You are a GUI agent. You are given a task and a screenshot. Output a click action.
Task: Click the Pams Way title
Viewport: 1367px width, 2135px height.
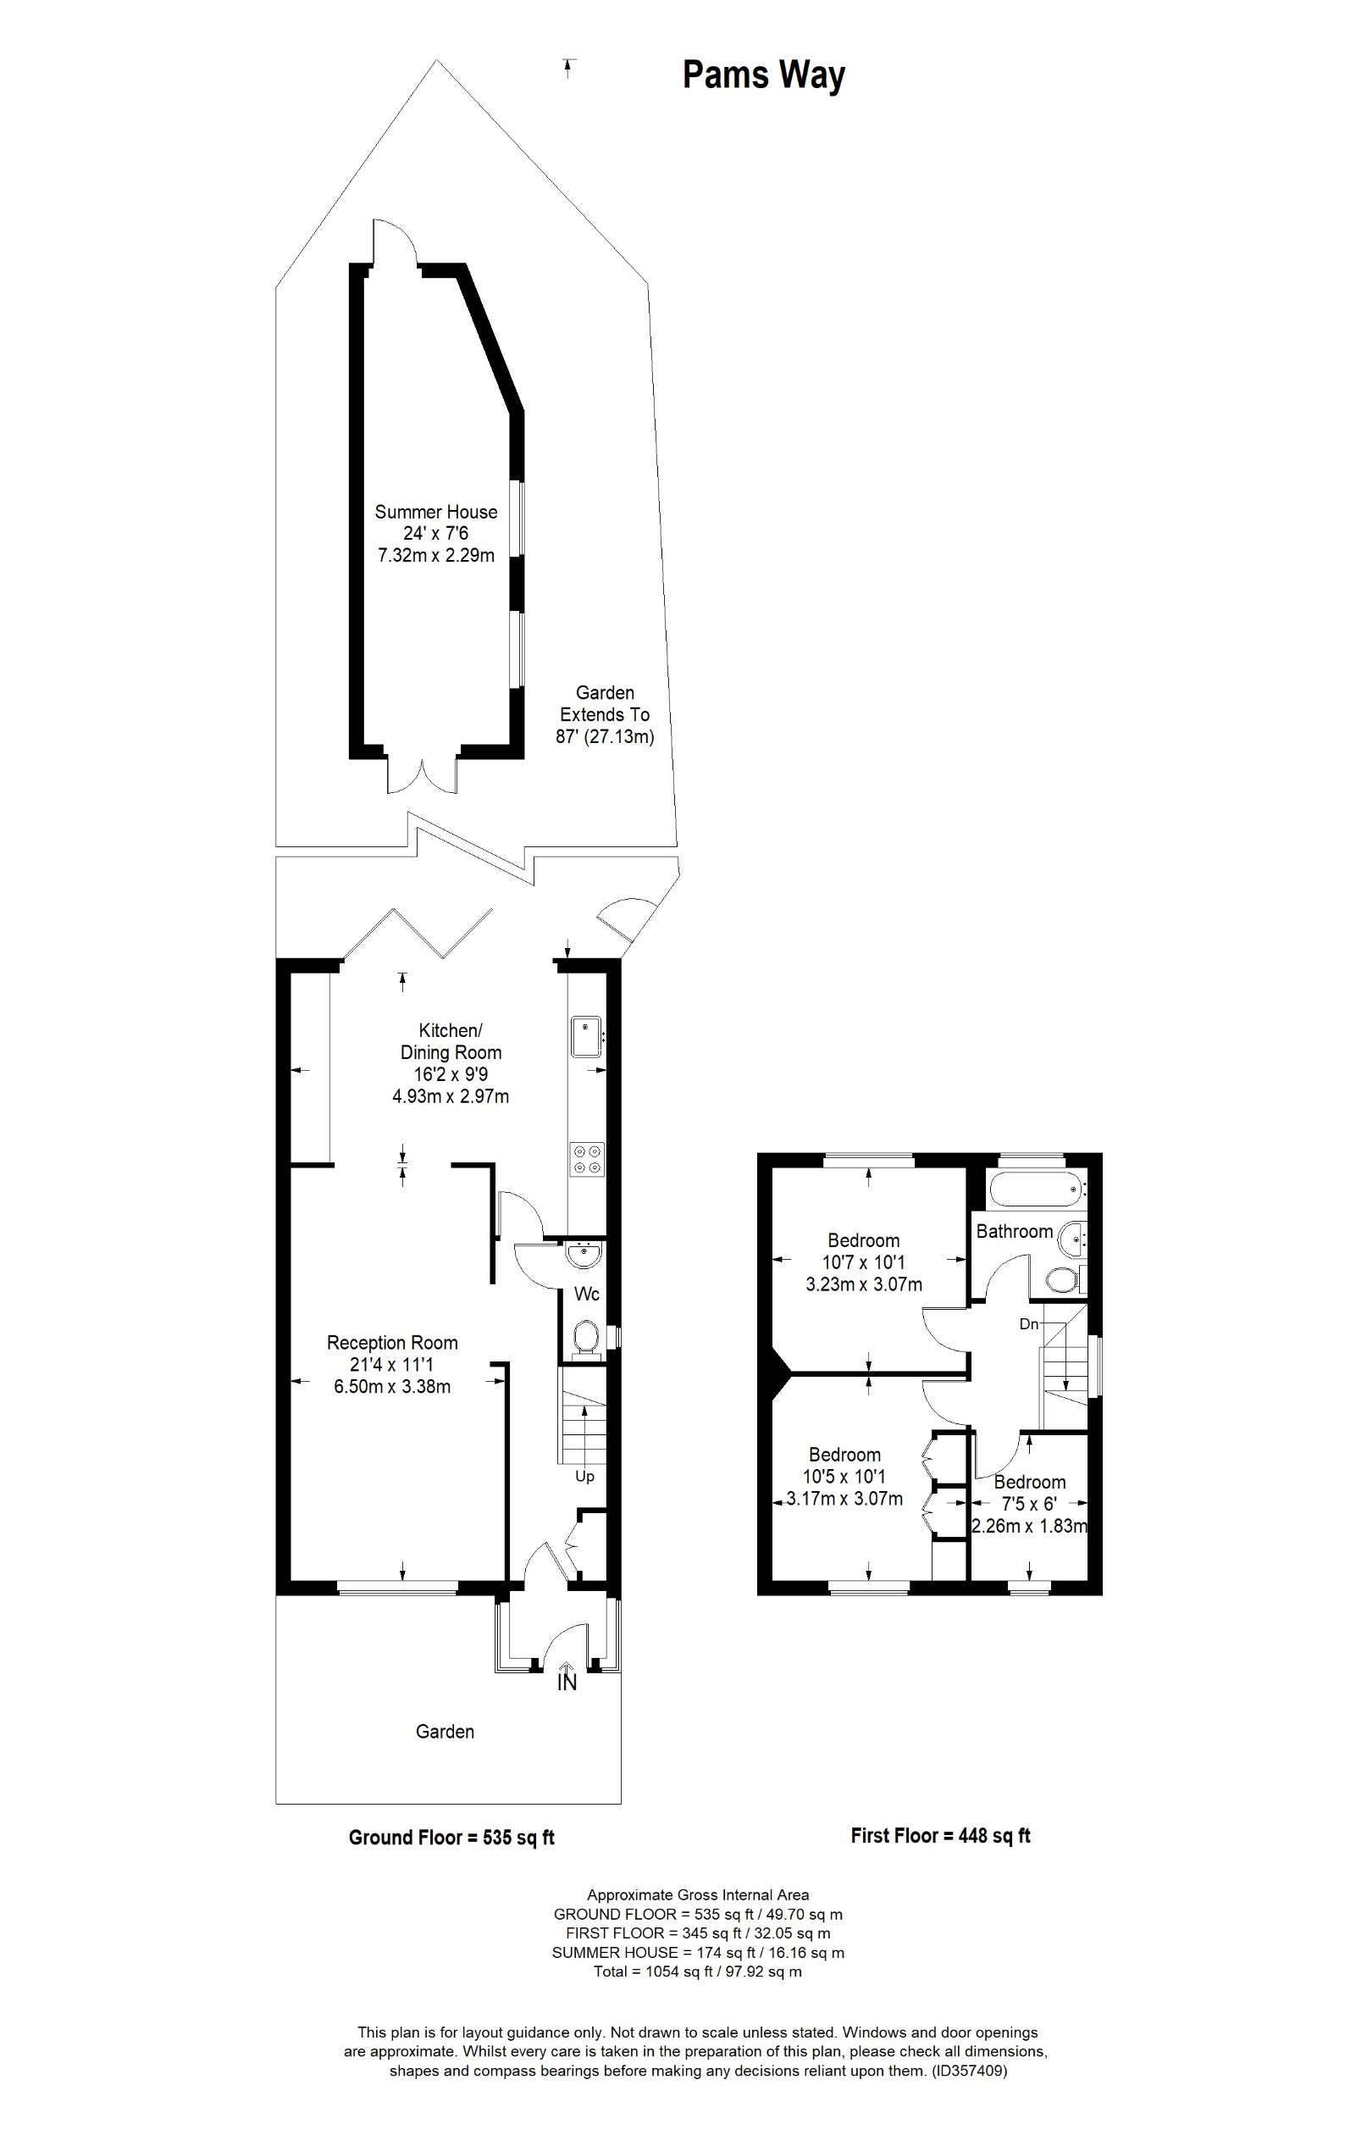click(763, 75)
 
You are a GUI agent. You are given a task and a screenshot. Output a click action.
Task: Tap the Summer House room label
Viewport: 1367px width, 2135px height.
click(436, 513)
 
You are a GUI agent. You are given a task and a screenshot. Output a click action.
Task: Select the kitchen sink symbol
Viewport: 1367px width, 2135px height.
click(586, 1037)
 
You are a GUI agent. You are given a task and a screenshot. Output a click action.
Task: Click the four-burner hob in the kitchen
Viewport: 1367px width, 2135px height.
click(587, 1160)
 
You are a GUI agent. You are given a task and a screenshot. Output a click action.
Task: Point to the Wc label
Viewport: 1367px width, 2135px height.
click(587, 1295)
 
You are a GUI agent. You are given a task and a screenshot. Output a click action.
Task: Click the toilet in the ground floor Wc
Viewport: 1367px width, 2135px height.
click(586, 1338)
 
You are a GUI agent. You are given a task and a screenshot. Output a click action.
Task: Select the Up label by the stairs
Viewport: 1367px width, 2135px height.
click(584, 1477)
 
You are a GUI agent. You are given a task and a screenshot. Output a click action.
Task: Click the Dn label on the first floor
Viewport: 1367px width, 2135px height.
click(1028, 1324)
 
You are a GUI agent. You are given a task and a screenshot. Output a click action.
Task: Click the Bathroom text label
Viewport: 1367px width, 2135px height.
click(1014, 1231)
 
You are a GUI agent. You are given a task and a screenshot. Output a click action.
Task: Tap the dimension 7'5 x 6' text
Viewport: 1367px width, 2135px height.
click(1029, 1504)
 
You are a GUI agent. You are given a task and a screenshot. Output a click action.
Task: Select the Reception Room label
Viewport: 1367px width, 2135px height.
click(392, 1343)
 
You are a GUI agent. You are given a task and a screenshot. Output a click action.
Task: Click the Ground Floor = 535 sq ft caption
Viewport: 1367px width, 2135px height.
click(451, 1838)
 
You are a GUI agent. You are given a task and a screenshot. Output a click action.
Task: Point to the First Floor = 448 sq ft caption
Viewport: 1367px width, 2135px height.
click(940, 1836)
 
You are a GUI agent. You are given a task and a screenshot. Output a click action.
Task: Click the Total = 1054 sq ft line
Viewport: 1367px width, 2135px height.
click(697, 1971)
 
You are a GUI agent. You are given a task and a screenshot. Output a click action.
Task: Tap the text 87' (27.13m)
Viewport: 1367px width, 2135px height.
click(605, 736)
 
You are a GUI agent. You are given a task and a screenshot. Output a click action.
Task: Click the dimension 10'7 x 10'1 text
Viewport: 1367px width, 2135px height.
click(863, 1262)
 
